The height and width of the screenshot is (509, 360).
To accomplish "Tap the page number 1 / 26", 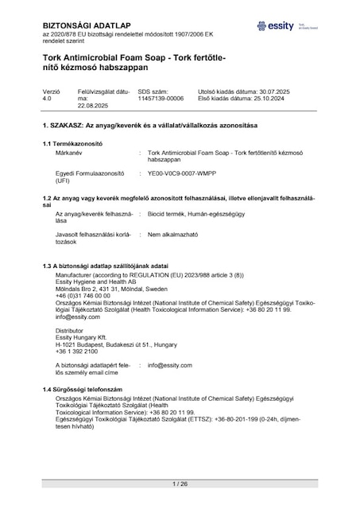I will pyautogui.click(x=180, y=484).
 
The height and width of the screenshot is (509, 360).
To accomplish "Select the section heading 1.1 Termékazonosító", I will pyautogui.click(x=74, y=142).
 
